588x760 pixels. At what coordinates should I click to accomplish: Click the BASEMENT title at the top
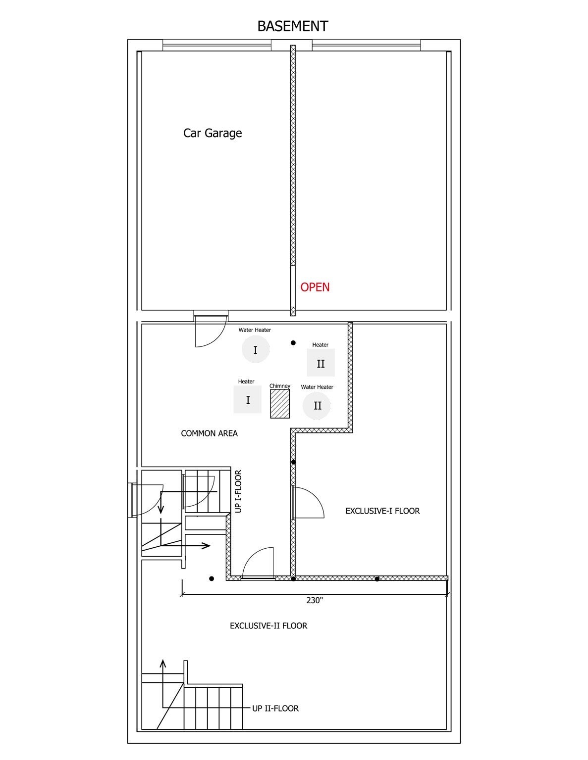point(293,26)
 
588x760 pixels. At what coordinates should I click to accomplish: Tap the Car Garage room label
point(213,133)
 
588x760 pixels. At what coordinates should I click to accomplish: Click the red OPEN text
point(315,287)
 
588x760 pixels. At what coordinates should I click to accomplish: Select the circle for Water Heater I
point(256,349)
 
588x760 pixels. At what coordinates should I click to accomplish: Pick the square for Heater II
point(321,363)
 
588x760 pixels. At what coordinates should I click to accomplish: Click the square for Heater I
point(248,399)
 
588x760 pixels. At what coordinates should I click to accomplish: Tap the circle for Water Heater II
point(317,406)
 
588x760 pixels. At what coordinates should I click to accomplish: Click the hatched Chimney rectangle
point(280,404)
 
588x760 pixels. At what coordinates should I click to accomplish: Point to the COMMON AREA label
point(210,433)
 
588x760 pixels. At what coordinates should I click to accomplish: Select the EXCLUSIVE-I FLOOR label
point(382,511)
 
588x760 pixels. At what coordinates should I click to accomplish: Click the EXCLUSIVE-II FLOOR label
point(268,626)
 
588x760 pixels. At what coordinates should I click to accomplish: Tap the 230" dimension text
point(315,600)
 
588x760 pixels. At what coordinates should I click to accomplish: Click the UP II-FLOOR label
point(275,708)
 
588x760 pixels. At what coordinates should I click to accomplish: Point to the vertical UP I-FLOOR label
point(238,491)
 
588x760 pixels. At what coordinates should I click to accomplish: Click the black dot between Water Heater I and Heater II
point(293,343)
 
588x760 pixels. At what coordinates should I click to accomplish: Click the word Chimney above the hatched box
point(280,386)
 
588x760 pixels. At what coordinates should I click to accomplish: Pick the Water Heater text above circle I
point(255,330)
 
